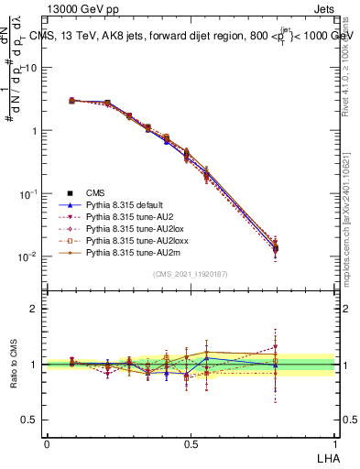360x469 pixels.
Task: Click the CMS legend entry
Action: pyautogui.click(x=95, y=192)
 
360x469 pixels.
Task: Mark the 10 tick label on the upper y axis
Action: pyautogui.click(x=32, y=69)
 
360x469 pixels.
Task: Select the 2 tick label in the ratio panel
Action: pyautogui.click(x=35, y=309)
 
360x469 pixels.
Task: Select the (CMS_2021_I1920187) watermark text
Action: pyautogui.click(x=191, y=274)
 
